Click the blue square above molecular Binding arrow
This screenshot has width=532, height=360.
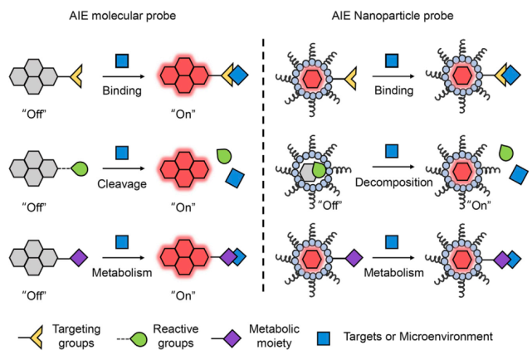(x=123, y=60)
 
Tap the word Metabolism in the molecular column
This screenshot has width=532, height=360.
(x=122, y=270)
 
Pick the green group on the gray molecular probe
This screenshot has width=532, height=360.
(x=79, y=168)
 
